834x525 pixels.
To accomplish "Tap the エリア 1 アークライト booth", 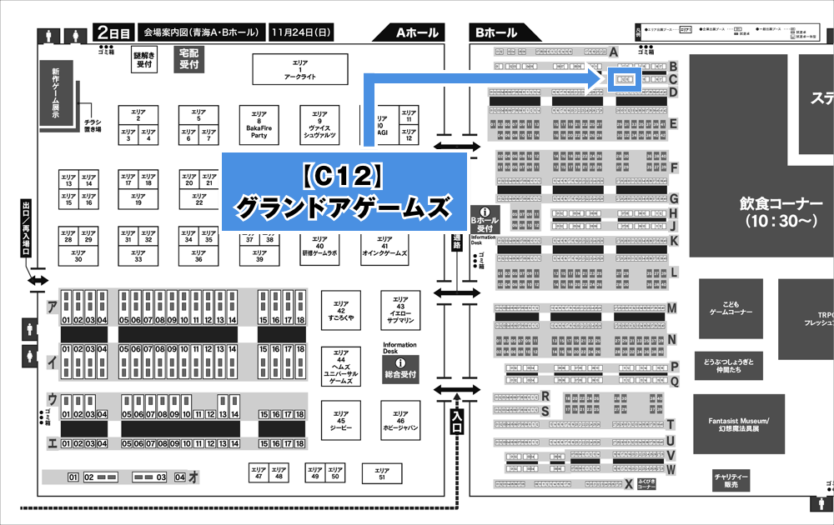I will (x=299, y=70).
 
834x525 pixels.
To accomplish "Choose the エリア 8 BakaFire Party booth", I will (x=259, y=125).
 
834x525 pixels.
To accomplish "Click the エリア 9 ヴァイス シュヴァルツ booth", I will (x=319, y=125).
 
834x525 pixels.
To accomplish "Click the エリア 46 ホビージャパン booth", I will (x=401, y=422).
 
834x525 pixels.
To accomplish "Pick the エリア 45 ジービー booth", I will (x=342, y=422).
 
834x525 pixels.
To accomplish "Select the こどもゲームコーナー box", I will (x=730, y=307).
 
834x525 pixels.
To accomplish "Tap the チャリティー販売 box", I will (x=731, y=481).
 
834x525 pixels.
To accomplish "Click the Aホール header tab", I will (x=417, y=33).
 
